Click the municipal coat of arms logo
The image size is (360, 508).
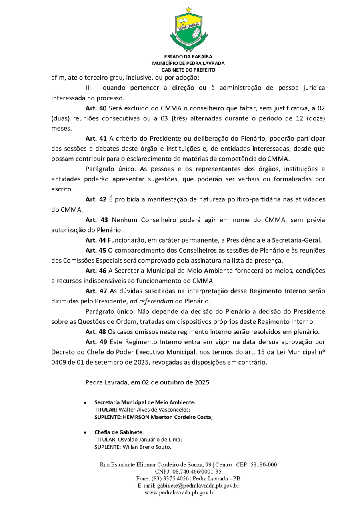(188, 30)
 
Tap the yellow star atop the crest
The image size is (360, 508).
(188, 9)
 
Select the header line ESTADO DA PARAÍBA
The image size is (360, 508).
(188, 57)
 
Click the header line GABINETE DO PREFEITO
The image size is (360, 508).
(188, 70)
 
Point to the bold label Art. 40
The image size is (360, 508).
(96, 108)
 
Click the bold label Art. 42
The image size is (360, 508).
(96, 199)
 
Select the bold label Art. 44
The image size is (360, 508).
(96, 240)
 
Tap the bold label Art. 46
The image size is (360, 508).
(96, 271)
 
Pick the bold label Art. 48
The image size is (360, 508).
(96, 332)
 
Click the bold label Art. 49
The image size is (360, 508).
(96, 342)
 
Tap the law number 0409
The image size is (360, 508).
(59, 362)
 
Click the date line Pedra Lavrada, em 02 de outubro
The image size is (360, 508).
(148, 382)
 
